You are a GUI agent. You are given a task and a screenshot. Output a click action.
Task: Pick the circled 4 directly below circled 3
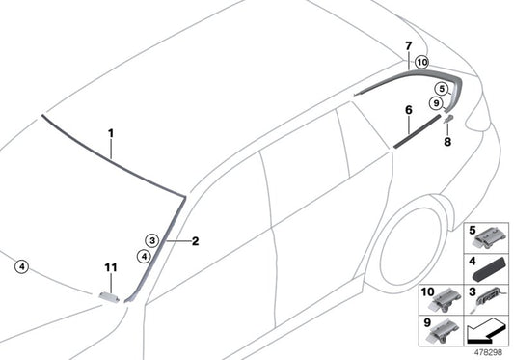coord(143,257)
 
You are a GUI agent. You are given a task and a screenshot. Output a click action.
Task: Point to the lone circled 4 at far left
coord(21,267)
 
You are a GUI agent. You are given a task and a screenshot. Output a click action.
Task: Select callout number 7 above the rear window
coord(409,45)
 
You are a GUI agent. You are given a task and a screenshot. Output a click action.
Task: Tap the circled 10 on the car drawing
coord(420,62)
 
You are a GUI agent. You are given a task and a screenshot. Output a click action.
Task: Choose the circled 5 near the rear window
coord(441,88)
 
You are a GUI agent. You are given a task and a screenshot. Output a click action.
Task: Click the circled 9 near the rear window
coord(435,103)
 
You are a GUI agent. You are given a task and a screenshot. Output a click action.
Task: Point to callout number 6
coord(409,111)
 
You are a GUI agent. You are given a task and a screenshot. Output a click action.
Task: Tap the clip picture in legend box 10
coord(443,301)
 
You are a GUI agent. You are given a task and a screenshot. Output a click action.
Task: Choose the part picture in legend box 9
coord(442,333)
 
